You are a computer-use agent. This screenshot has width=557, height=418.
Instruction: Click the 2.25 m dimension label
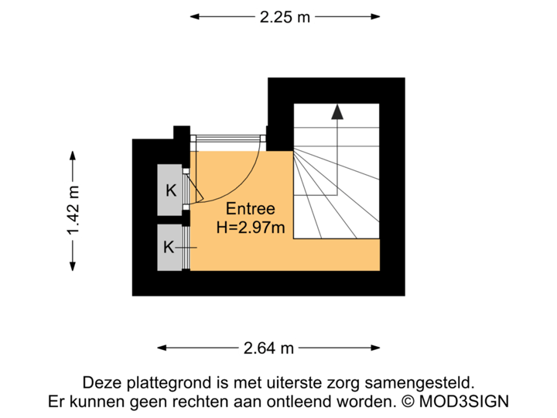pyautogui.click(x=285, y=16)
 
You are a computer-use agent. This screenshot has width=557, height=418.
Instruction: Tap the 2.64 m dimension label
pyautogui.click(x=268, y=348)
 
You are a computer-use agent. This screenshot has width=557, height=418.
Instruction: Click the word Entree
pyautogui.click(x=250, y=209)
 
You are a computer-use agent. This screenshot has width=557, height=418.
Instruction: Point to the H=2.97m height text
pyautogui.click(x=250, y=228)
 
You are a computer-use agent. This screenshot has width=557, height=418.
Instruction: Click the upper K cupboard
pyautogui.click(x=169, y=190)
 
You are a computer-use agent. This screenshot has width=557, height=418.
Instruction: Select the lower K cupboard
pyautogui.click(x=168, y=247)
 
